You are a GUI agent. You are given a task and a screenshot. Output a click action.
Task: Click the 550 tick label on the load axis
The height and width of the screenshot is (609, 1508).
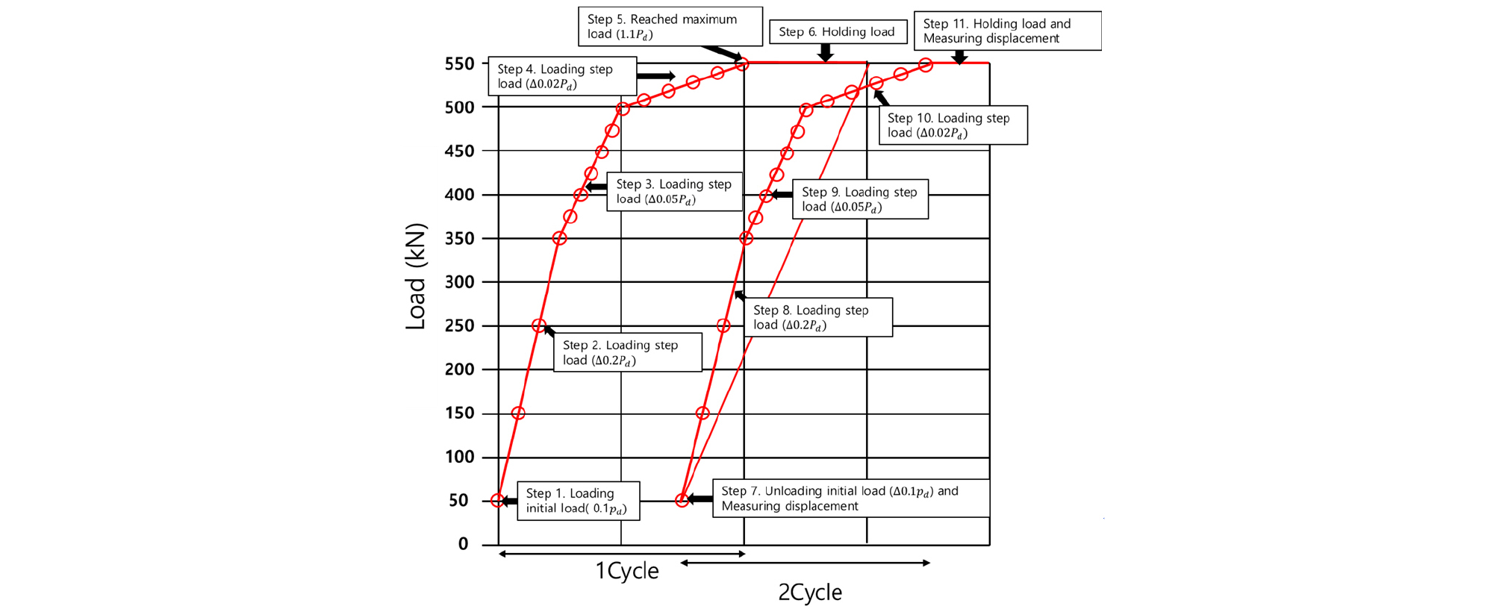(459, 64)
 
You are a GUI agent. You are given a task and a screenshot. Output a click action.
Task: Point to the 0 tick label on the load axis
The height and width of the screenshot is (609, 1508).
(463, 544)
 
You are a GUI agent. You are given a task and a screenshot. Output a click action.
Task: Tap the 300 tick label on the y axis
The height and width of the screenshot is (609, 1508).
(459, 282)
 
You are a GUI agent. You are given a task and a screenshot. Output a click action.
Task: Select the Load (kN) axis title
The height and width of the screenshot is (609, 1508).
(415, 276)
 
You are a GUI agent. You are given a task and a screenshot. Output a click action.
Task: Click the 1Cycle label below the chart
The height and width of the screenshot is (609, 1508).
(626, 571)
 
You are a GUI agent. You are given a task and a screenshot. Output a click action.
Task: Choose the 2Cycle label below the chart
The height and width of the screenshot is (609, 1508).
(810, 593)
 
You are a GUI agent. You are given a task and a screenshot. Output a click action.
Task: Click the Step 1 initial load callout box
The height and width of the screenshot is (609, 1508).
(578, 501)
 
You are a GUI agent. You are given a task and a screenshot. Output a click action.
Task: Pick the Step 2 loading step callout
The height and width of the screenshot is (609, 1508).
(627, 352)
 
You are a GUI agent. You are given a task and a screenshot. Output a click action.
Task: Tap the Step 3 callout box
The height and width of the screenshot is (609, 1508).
(674, 191)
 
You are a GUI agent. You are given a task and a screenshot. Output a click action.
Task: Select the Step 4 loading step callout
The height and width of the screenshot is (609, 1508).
(562, 76)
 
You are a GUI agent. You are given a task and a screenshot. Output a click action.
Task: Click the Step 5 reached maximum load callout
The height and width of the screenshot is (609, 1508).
(670, 26)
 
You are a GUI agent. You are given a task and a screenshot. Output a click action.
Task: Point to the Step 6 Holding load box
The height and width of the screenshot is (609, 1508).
(837, 31)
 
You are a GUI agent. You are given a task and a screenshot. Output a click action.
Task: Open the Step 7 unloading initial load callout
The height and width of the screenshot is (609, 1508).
(850, 499)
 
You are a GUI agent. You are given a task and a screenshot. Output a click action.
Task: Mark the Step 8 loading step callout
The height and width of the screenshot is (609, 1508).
(817, 317)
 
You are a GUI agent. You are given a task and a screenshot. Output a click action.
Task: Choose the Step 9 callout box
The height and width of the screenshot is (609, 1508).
(860, 199)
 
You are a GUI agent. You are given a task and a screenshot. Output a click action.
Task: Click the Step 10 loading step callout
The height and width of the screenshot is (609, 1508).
(953, 125)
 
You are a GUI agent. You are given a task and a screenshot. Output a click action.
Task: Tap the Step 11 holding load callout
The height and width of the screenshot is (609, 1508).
(1007, 31)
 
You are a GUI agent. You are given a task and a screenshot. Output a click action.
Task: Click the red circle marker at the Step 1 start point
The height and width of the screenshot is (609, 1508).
(498, 500)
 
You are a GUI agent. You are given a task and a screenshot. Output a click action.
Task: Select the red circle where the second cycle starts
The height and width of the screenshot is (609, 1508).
(682, 500)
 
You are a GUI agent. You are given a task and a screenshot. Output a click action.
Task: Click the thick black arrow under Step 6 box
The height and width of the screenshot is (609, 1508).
(825, 52)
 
